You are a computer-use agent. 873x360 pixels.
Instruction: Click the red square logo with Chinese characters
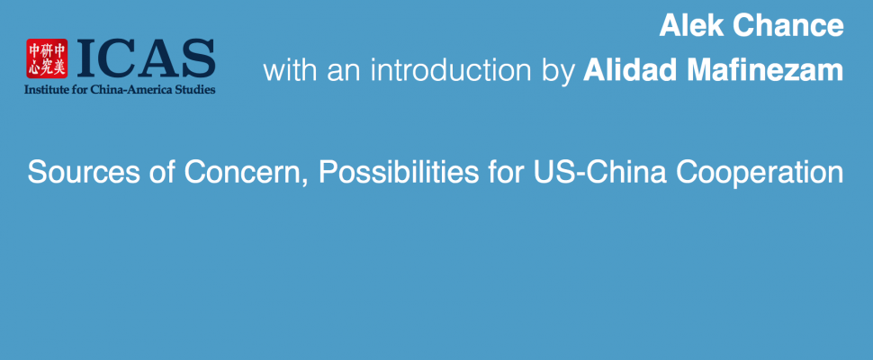pos(47,58)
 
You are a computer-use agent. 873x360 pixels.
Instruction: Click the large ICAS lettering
pos(146,58)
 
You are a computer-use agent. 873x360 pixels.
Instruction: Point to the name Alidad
pos(621,71)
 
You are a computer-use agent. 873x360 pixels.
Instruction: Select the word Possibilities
pos(398,173)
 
